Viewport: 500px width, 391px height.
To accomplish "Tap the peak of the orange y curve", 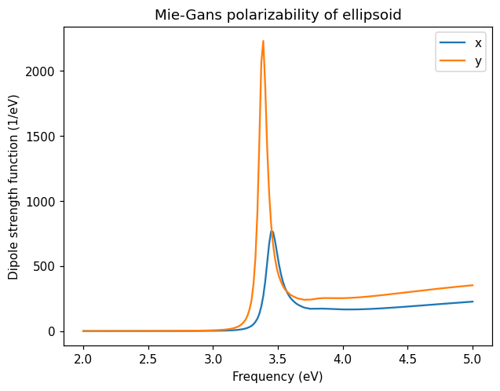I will coord(263,41).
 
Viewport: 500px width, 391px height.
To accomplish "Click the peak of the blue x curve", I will coord(272,231).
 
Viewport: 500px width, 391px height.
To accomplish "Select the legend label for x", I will coord(478,42).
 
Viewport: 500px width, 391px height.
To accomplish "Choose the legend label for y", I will coord(478,60).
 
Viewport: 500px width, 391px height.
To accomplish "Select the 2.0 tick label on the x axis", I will coord(83,359).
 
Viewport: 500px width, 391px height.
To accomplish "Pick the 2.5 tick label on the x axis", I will coord(148,359).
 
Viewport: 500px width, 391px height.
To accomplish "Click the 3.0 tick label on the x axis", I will coord(213,359).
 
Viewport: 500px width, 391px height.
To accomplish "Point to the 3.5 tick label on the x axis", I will coord(278,359).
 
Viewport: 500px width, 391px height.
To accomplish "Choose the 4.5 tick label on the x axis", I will coord(407,359).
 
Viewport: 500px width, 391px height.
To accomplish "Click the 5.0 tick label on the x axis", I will coord(473,359).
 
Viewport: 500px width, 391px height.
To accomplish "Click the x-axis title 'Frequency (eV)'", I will coord(277,376).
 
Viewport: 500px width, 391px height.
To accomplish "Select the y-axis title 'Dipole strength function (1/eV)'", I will coord(13,187).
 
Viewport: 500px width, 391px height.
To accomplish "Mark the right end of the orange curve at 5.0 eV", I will coord(473,285).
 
